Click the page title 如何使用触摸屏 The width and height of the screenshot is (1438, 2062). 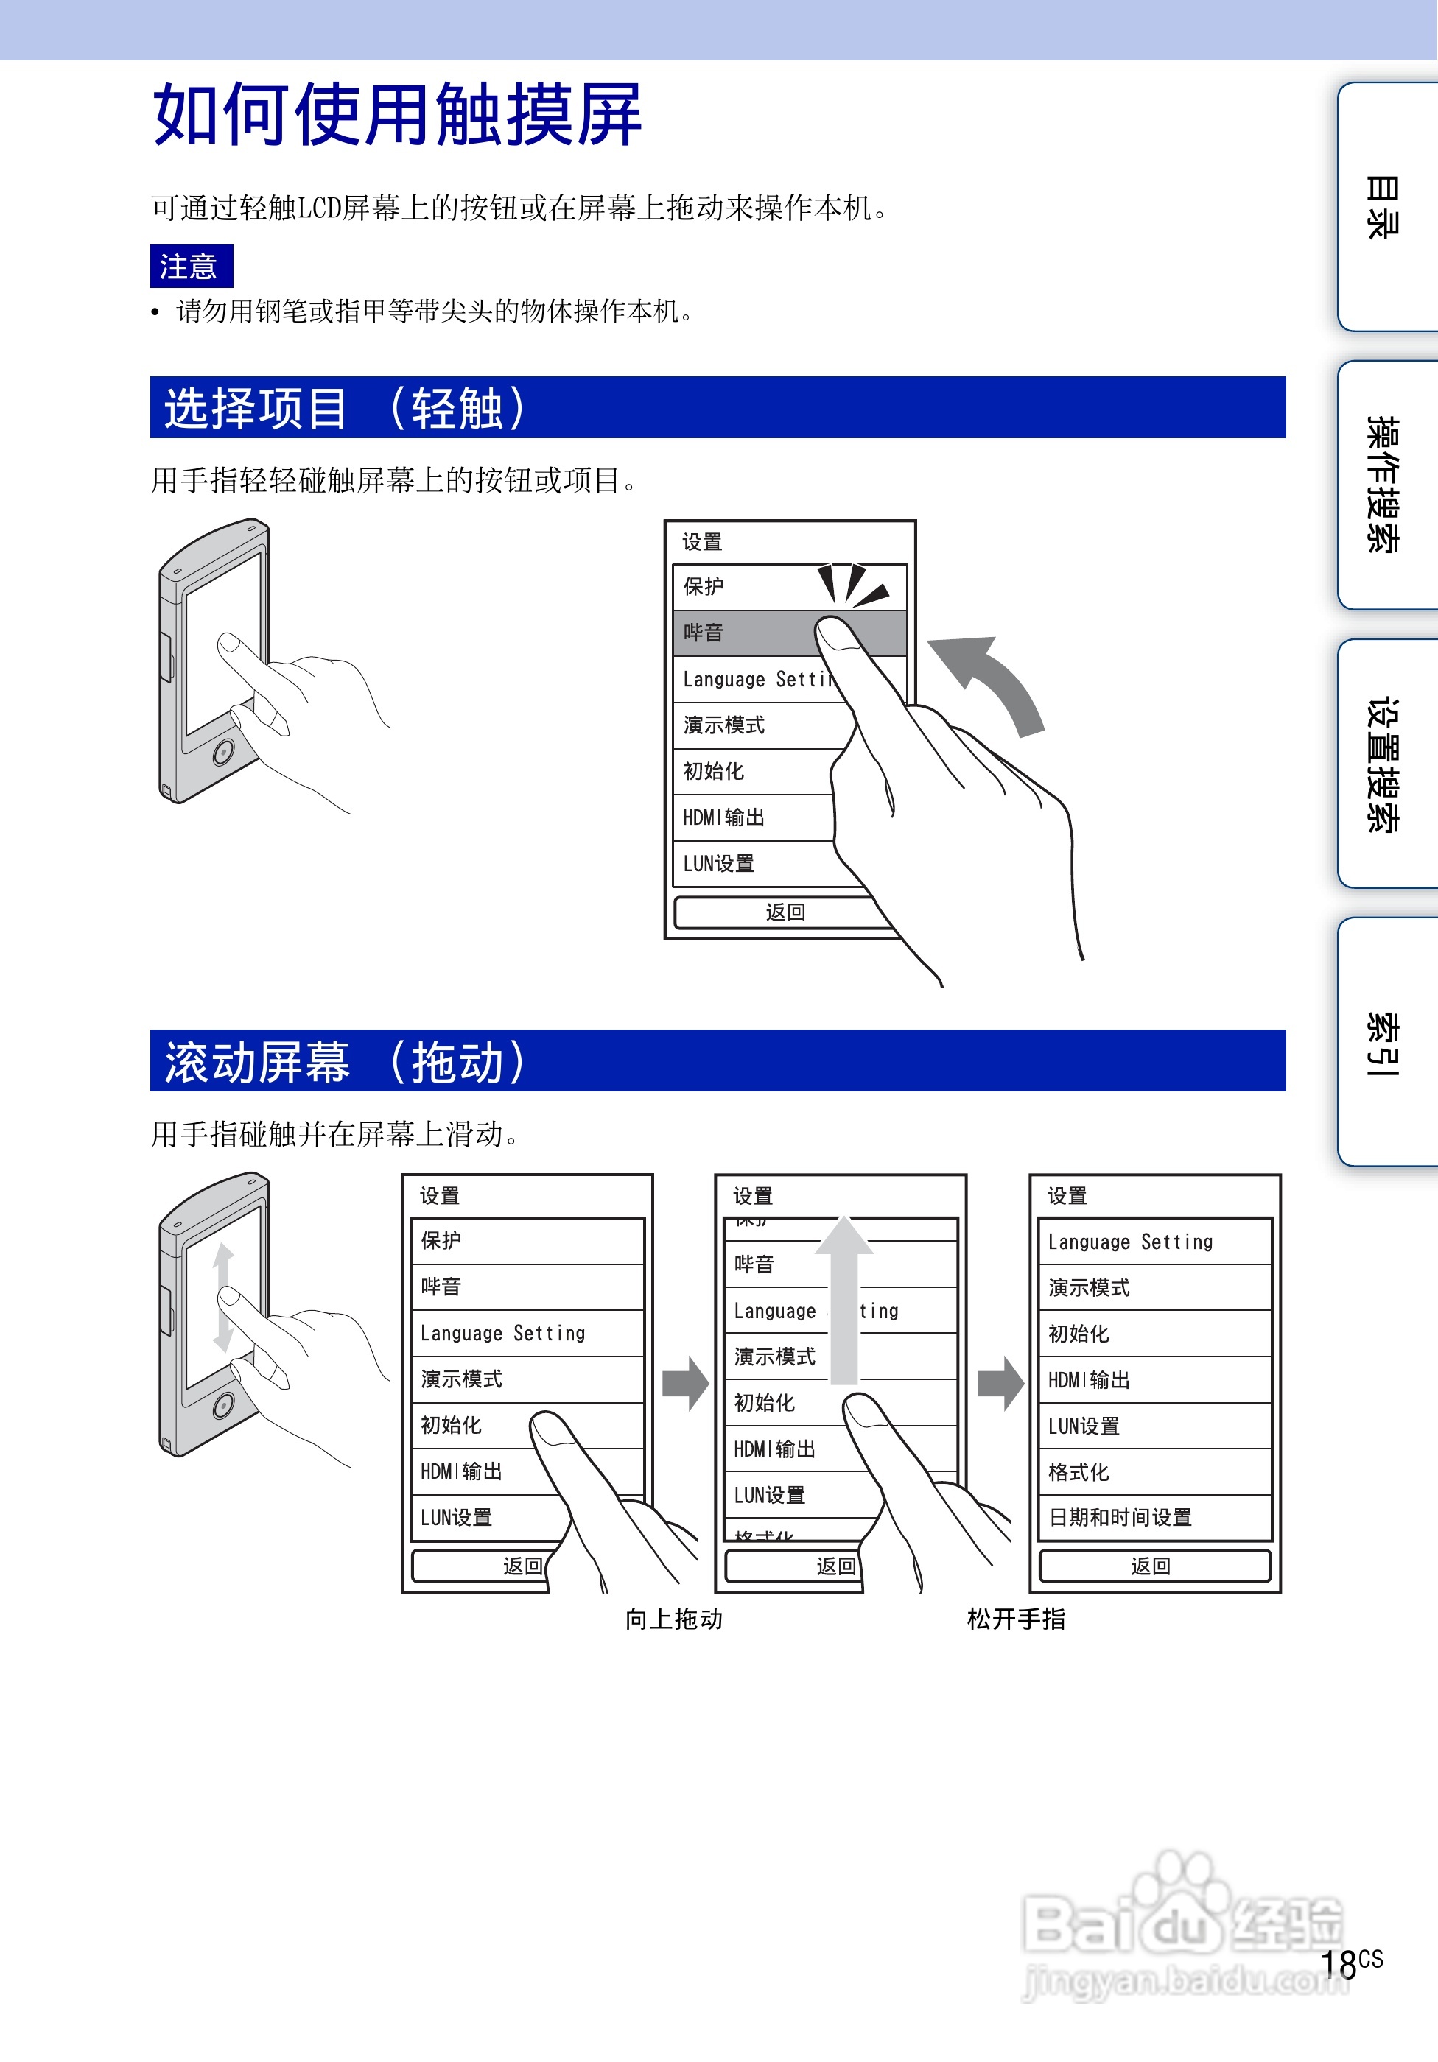point(397,114)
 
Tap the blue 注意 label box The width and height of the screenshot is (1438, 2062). point(190,266)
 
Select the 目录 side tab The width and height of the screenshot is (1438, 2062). point(1383,206)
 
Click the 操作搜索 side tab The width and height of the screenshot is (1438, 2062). point(1383,485)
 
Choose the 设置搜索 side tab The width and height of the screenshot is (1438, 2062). point(1383,764)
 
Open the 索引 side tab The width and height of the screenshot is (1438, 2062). point(1383,1042)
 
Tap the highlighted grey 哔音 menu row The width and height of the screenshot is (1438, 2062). point(746,633)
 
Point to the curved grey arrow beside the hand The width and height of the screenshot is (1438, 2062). point(992,678)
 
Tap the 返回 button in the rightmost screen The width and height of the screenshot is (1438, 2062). point(1154,1566)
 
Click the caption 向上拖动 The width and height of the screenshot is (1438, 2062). point(673,1619)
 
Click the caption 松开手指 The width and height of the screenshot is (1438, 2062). point(1016,1619)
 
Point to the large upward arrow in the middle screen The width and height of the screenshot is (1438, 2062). point(843,1293)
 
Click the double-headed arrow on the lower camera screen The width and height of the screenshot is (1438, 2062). point(222,1295)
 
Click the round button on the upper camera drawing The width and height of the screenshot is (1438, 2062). point(222,751)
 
